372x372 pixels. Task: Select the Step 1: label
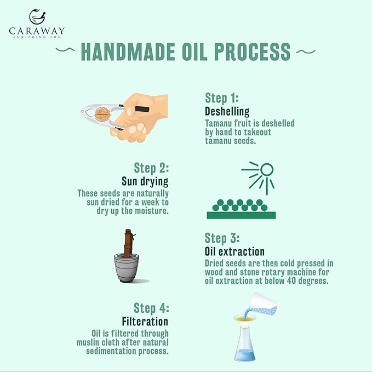[x=222, y=99]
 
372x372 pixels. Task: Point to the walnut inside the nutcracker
[x=102, y=114]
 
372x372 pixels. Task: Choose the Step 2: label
[x=151, y=168]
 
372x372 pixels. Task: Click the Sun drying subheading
[x=145, y=181]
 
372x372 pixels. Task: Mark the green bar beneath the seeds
[x=241, y=215]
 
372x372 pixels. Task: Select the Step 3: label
[x=222, y=238]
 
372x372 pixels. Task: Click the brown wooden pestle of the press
[x=128, y=243]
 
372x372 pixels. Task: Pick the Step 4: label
[x=151, y=308]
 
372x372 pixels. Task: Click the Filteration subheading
[x=145, y=321]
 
